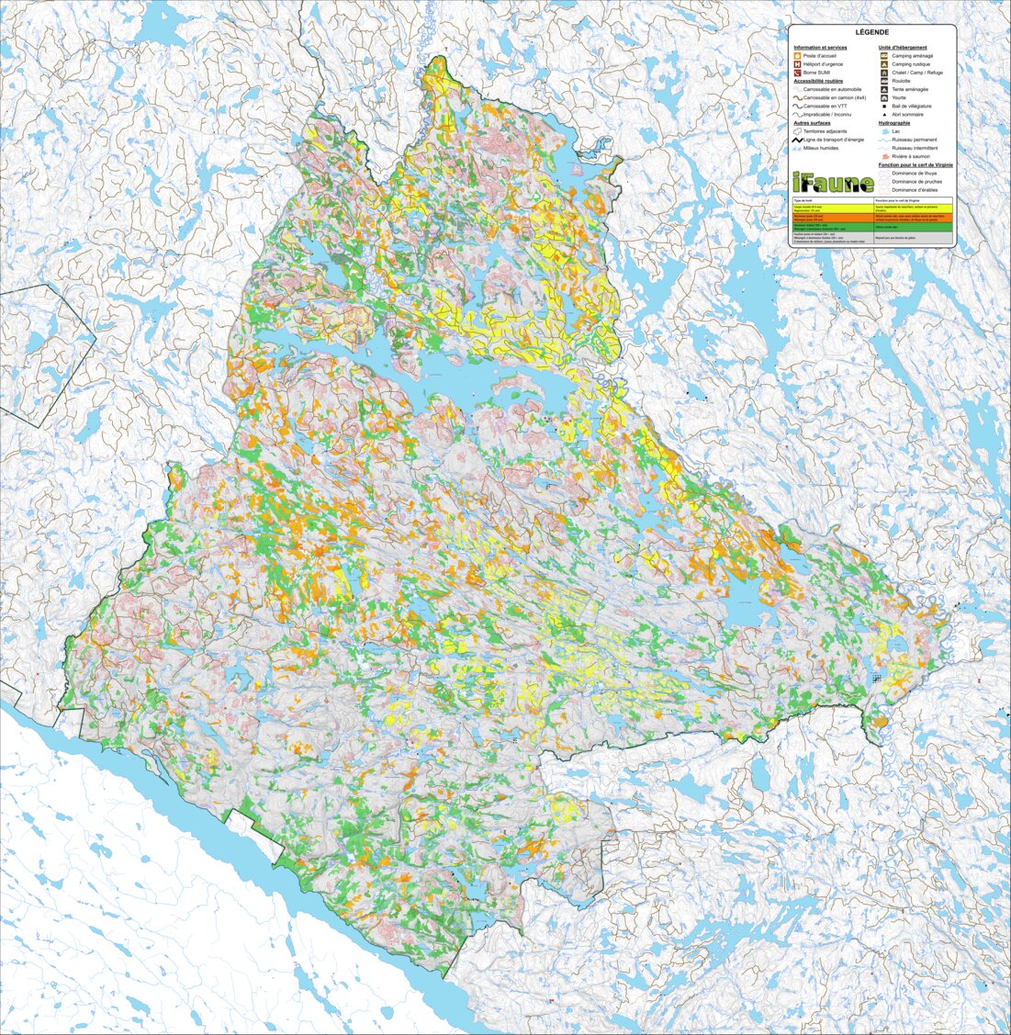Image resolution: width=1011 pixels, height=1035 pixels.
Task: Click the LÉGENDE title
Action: pos(871,32)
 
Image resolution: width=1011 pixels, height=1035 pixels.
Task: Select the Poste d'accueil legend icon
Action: pos(797,56)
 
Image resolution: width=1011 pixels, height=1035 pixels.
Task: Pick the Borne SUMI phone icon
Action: pos(797,73)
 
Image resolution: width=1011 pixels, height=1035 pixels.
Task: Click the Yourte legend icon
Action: pos(882,97)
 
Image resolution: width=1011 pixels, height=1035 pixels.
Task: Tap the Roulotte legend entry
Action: pos(901,81)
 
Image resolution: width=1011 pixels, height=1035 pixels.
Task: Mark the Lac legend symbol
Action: pos(882,131)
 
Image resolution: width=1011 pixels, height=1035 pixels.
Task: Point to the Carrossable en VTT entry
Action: pos(826,107)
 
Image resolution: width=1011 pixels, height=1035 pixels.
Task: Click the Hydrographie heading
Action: pos(894,123)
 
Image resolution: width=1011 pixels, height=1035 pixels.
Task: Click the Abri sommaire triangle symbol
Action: pos(882,115)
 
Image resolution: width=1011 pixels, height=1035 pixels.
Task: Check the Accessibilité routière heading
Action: pos(818,81)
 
